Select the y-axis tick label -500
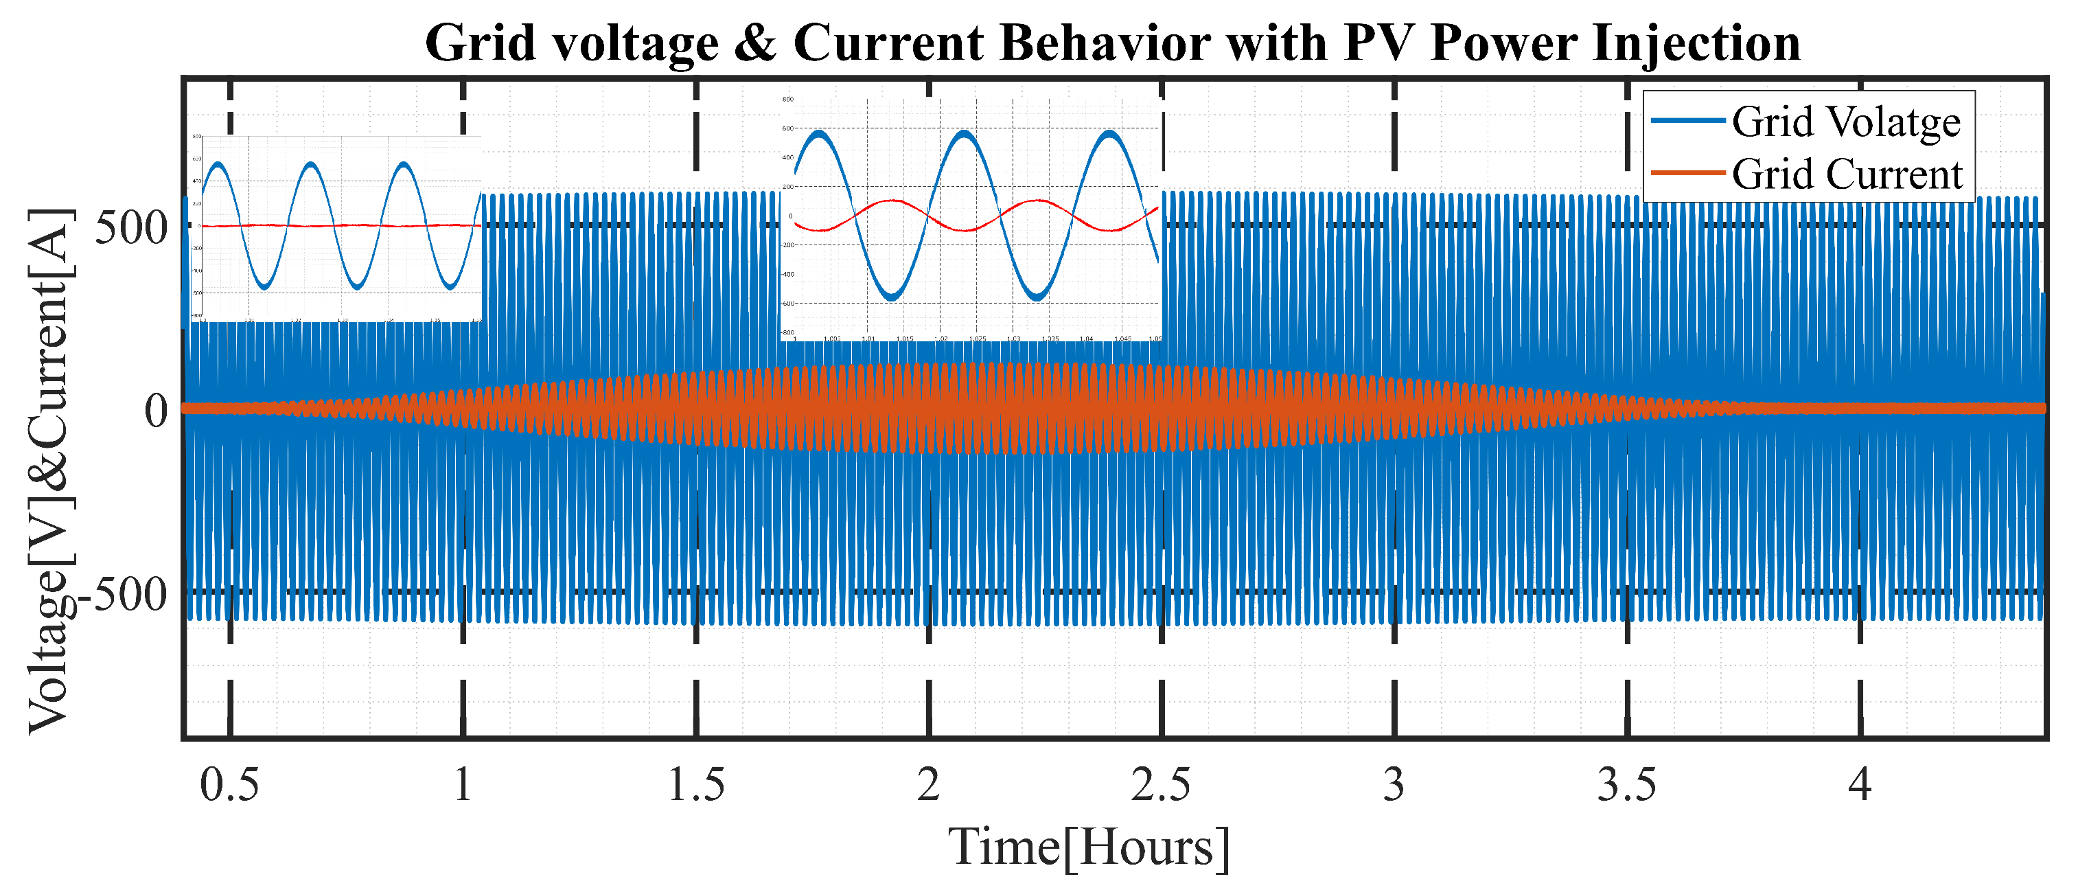point(122,595)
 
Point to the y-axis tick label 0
point(156,411)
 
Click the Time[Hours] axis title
point(1089,848)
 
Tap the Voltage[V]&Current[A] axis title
point(50,470)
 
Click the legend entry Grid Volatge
point(1846,122)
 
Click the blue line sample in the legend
point(1687,121)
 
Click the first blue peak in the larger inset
point(820,133)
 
